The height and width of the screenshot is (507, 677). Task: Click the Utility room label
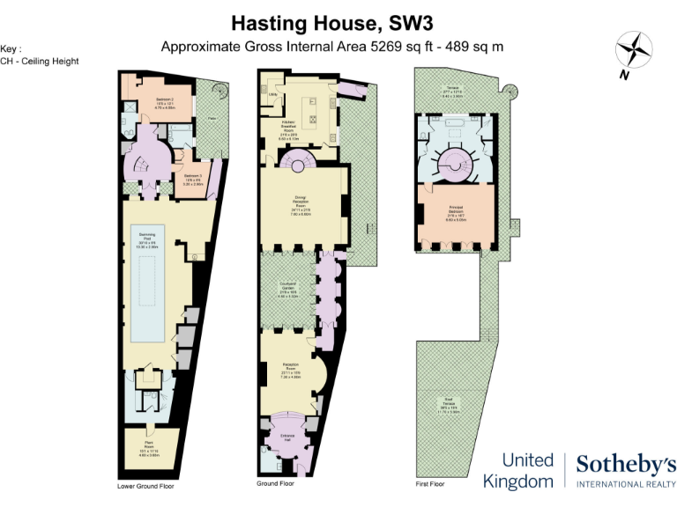click(273, 94)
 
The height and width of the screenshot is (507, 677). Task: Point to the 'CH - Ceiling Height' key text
click(41, 61)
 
